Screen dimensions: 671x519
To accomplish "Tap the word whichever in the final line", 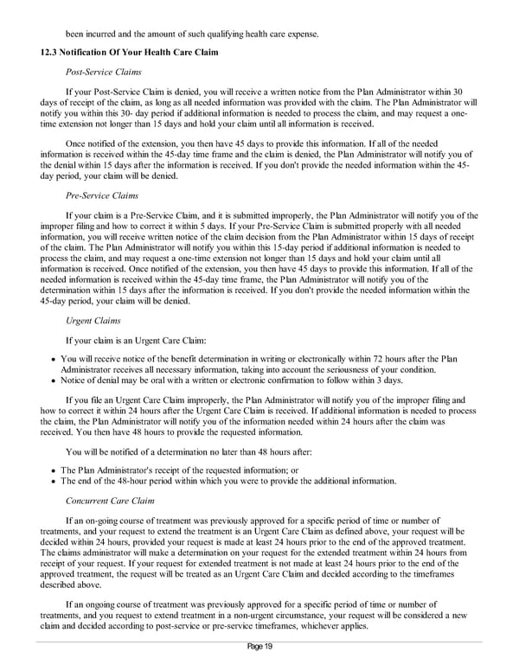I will tap(301, 628).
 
